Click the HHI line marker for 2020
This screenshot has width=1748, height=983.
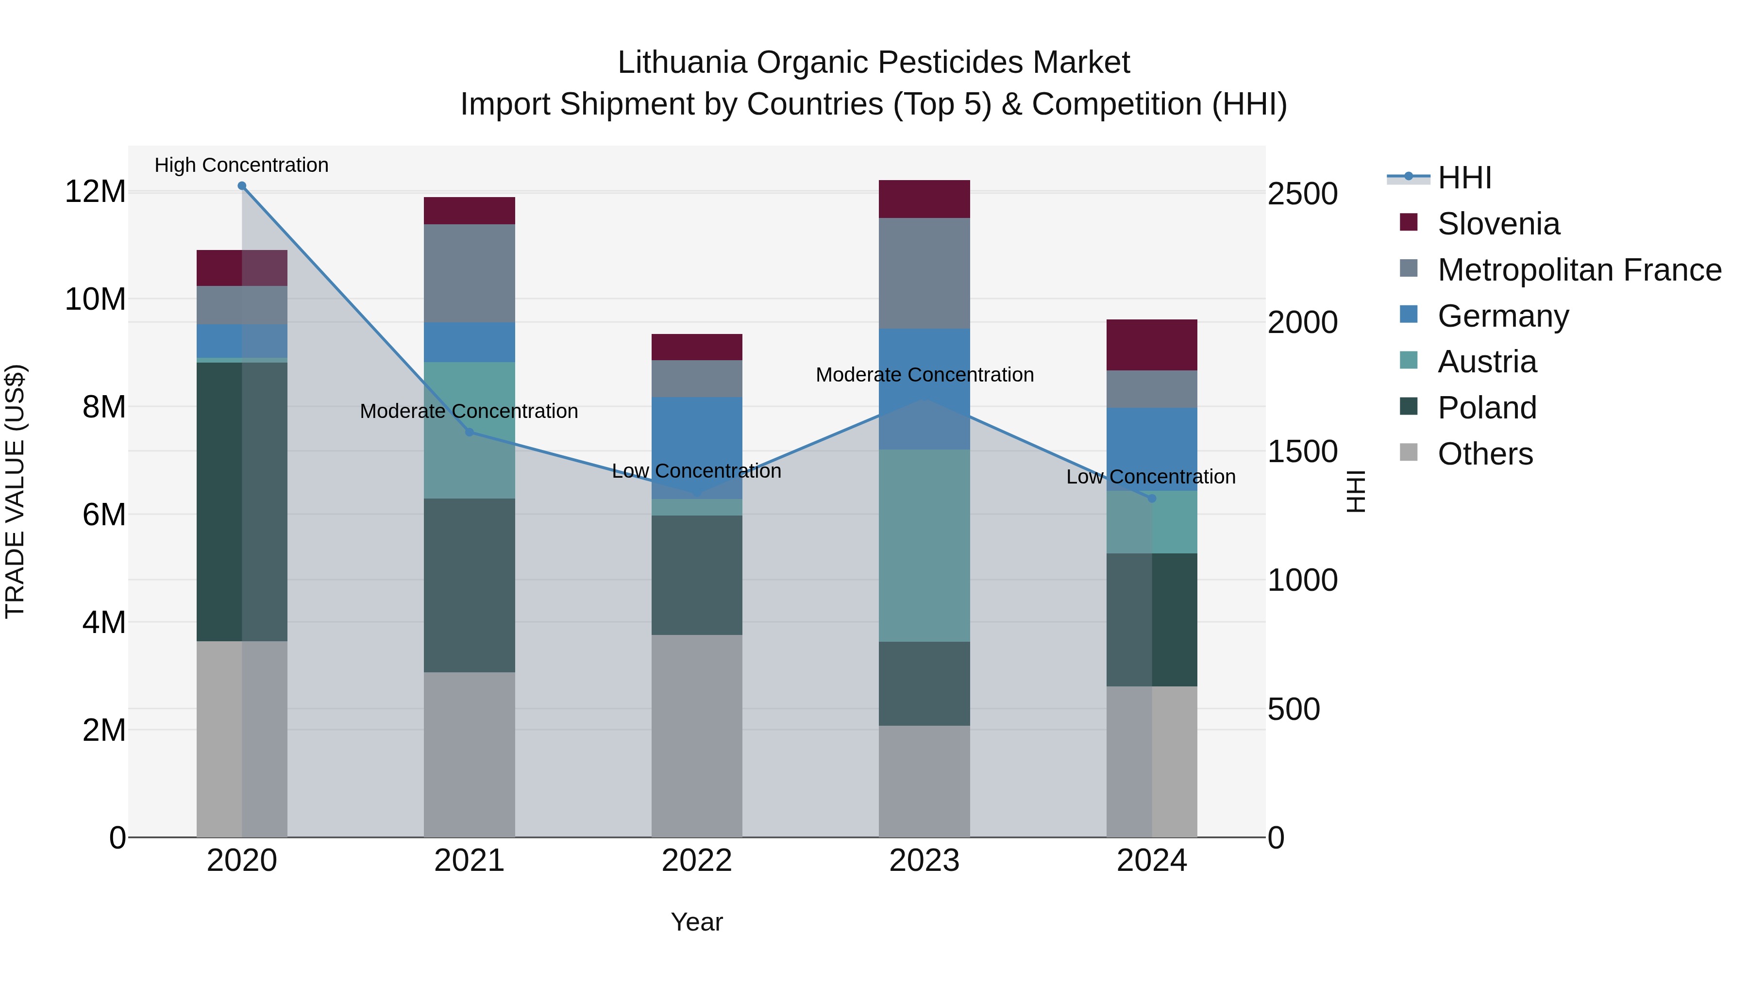coord(242,186)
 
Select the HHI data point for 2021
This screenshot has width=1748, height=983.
coord(469,432)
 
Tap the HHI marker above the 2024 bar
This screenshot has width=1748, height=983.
coord(1152,499)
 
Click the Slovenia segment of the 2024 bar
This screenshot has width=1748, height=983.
coord(1152,345)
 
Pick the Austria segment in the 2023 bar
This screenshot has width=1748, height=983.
coord(924,546)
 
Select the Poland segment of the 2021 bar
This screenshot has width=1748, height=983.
coord(469,585)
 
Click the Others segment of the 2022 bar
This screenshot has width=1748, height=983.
coord(697,735)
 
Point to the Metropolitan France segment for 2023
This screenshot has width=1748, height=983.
coord(924,273)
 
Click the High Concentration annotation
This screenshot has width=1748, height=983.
coord(242,165)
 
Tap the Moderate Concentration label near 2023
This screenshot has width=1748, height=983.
coord(924,374)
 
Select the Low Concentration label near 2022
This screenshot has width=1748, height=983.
coord(696,471)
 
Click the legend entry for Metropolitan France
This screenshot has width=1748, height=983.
coord(1579,270)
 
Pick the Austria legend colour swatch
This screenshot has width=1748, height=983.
coord(1409,361)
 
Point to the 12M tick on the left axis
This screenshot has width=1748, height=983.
coord(95,192)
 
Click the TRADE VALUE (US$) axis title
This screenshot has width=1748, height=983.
coord(15,491)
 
